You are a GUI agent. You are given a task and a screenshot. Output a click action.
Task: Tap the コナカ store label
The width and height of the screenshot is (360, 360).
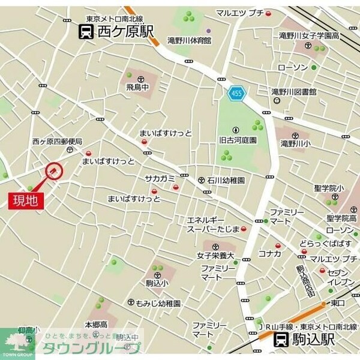[x=269, y=253]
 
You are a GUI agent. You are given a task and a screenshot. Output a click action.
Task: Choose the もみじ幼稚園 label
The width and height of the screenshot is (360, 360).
[x=157, y=304]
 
